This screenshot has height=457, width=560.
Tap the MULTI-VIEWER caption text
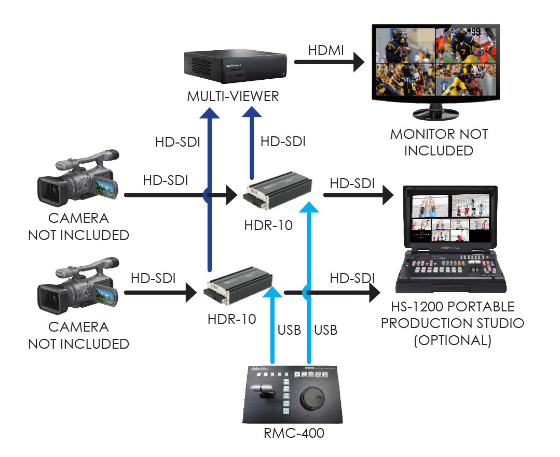pyautogui.click(x=233, y=96)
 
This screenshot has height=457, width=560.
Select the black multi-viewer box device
pyautogui.click(x=235, y=67)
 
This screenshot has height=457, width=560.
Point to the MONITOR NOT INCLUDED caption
pyautogui.click(x=439, y=142)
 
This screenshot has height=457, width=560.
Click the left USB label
pyautogui.click(x=289, y=330)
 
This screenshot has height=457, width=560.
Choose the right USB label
pyautogui.click(x=326, y=330)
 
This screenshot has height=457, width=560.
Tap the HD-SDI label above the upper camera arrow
pyautogui.click(x=165, y=181)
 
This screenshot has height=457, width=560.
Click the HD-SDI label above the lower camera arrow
pyautogui.click(x=153, y=278)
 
